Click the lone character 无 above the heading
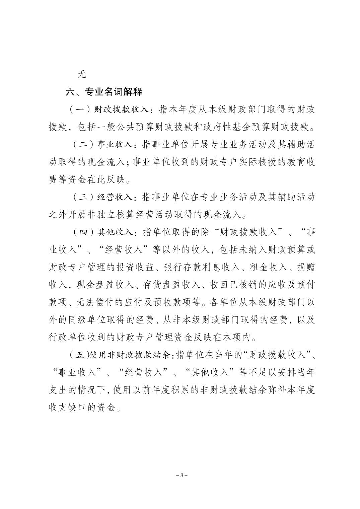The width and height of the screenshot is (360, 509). (x=82, y=74)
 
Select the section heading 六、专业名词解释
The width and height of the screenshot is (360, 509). (x=104, y=92)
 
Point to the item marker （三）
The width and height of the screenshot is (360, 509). (x=83, y=197)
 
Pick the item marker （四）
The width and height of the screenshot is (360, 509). (x=83, y=232)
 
